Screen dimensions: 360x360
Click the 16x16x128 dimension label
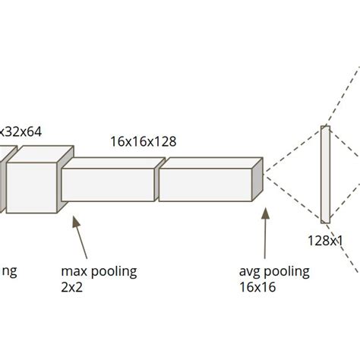click(143, 141)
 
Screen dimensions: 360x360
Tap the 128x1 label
click(325, 240)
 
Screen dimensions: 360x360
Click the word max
click(74, 271)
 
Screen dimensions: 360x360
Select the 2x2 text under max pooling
click(71, 287)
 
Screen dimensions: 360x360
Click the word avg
click(250, 271)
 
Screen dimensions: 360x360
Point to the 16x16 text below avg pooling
click(257, 287)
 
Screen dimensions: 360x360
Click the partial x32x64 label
click(21, 131)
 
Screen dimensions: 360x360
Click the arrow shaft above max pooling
click(81, 239)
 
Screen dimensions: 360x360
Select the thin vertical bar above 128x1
click(325, 174)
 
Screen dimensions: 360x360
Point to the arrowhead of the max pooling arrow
click(74, 220)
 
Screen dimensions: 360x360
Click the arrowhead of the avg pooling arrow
click(265, 213)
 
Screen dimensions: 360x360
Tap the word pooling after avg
click(286, 271)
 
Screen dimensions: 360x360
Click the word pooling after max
click(112, 271)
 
